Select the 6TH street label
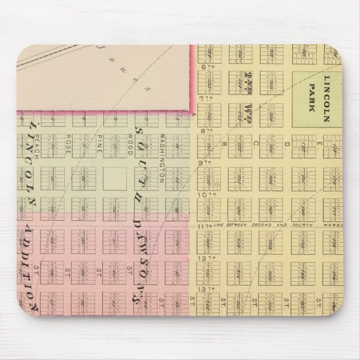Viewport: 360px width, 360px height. tap(205, 67)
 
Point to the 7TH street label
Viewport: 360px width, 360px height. tap(205, 98)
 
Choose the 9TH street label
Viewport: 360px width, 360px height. tap(205, 163)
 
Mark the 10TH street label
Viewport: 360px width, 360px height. tap(207, 195)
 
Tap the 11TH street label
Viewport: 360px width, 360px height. tap(204, 226)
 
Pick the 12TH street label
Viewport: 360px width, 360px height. tap(206, 258)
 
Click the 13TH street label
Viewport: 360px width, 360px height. tap(206, 290)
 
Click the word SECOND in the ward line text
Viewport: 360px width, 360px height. tap(263, 226)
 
